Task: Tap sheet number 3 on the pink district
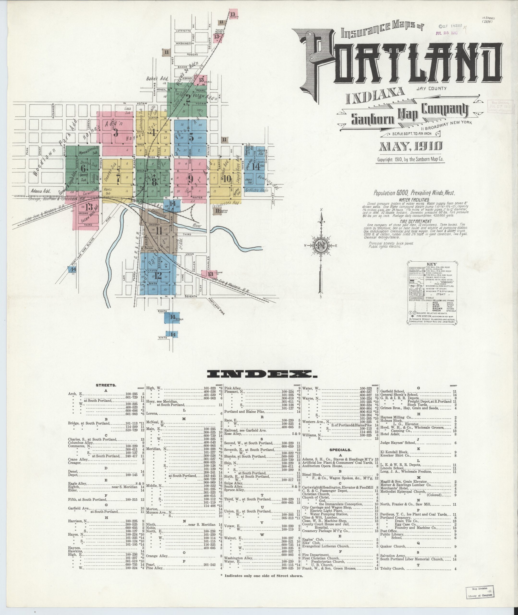(116, 133)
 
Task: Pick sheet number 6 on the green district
(83, 168)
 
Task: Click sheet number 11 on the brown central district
(159, 231)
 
